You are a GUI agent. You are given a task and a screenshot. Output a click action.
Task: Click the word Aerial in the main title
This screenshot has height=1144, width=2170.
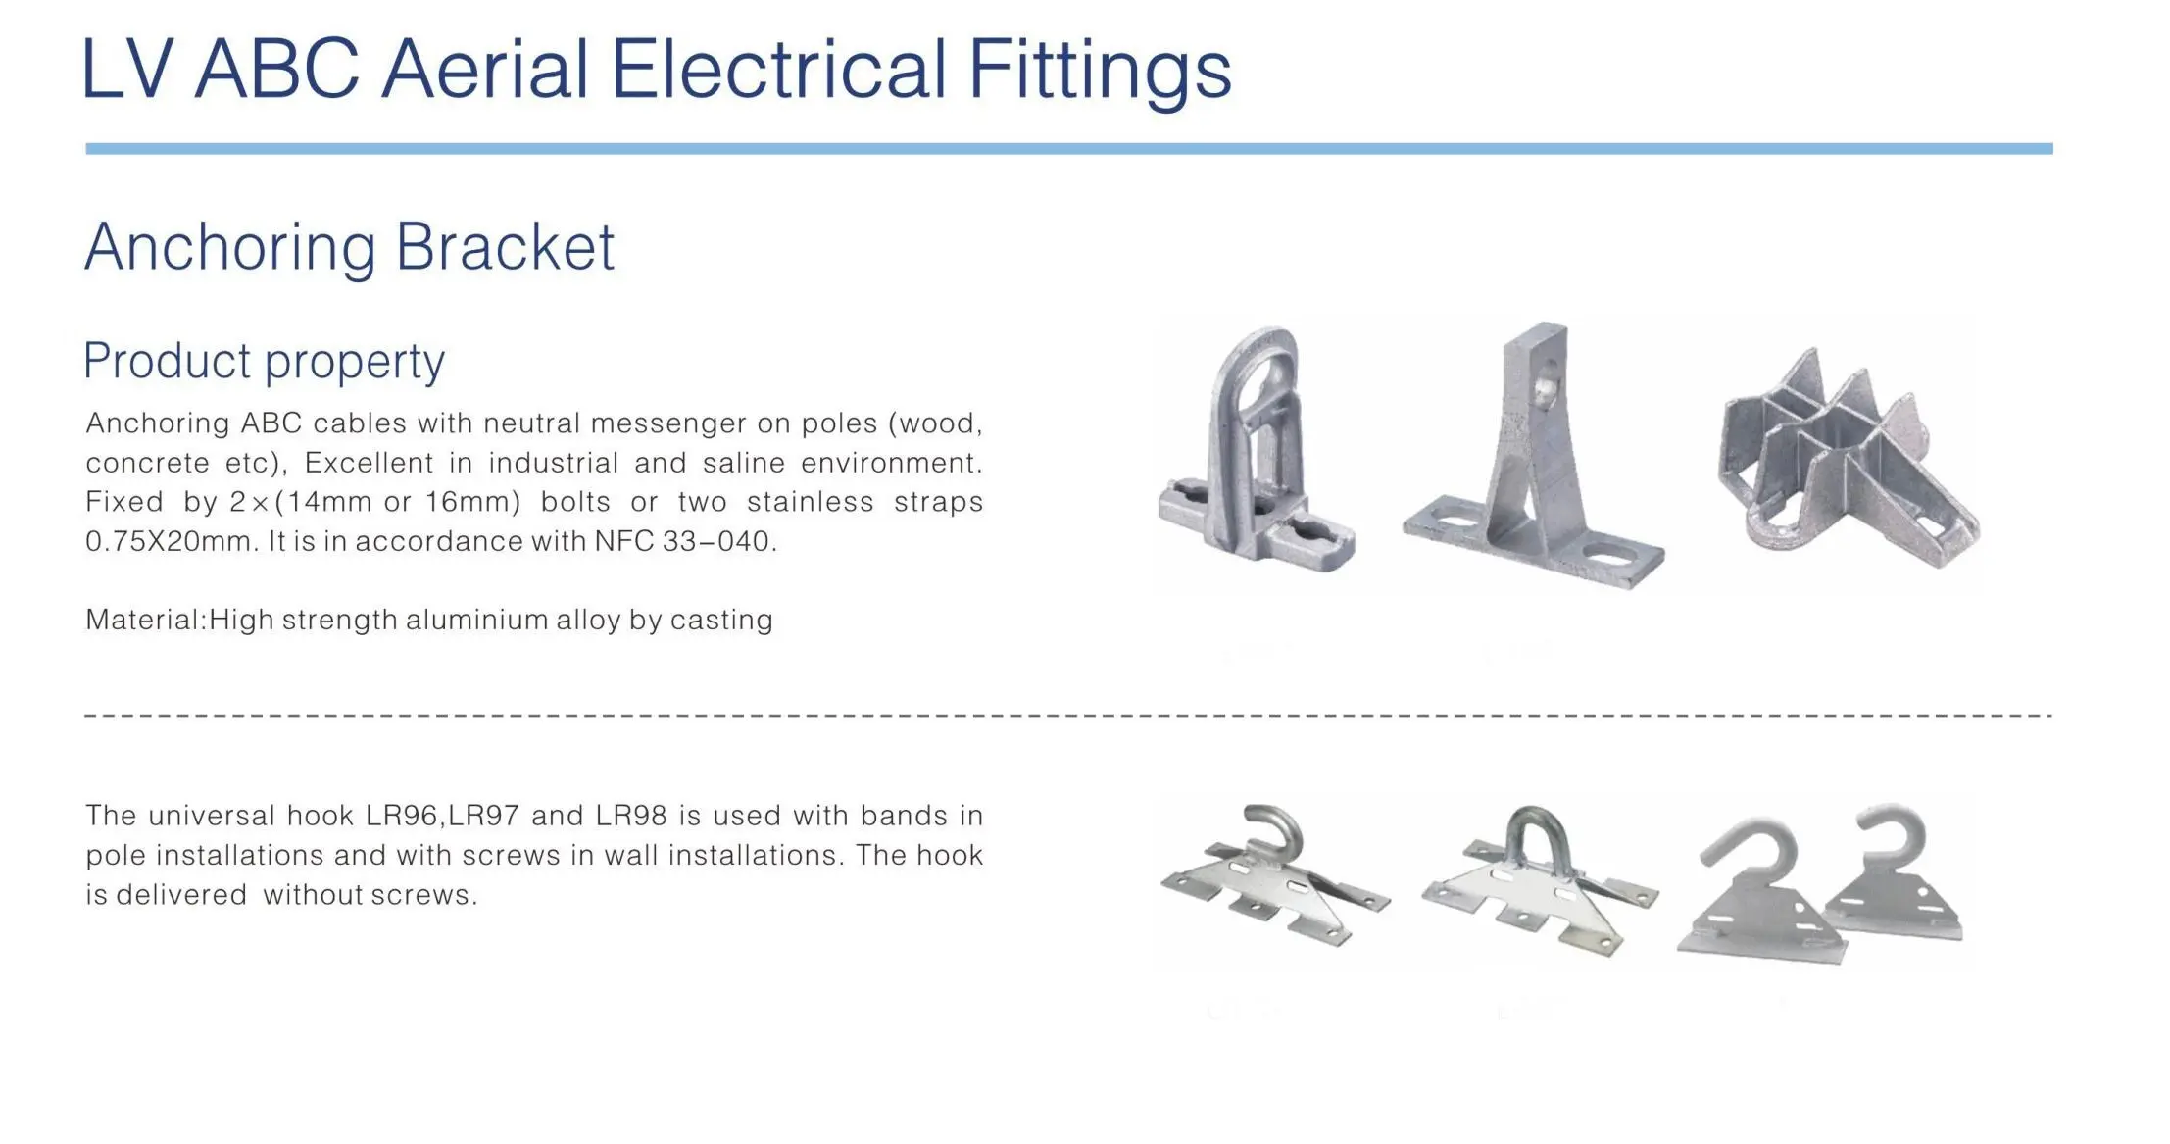coord(485,69)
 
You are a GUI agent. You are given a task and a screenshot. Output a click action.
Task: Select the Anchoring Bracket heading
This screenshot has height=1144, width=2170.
coord(350,247)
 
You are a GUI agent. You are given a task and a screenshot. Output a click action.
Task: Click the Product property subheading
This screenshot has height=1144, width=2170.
coord(264,361)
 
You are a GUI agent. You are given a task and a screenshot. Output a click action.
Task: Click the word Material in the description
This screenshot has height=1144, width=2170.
coord(145,620)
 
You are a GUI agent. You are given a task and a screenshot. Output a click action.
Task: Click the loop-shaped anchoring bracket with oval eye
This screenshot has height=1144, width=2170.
coord(1255,450)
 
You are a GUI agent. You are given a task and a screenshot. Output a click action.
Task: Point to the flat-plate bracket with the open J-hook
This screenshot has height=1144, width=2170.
coord(1274,876)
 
